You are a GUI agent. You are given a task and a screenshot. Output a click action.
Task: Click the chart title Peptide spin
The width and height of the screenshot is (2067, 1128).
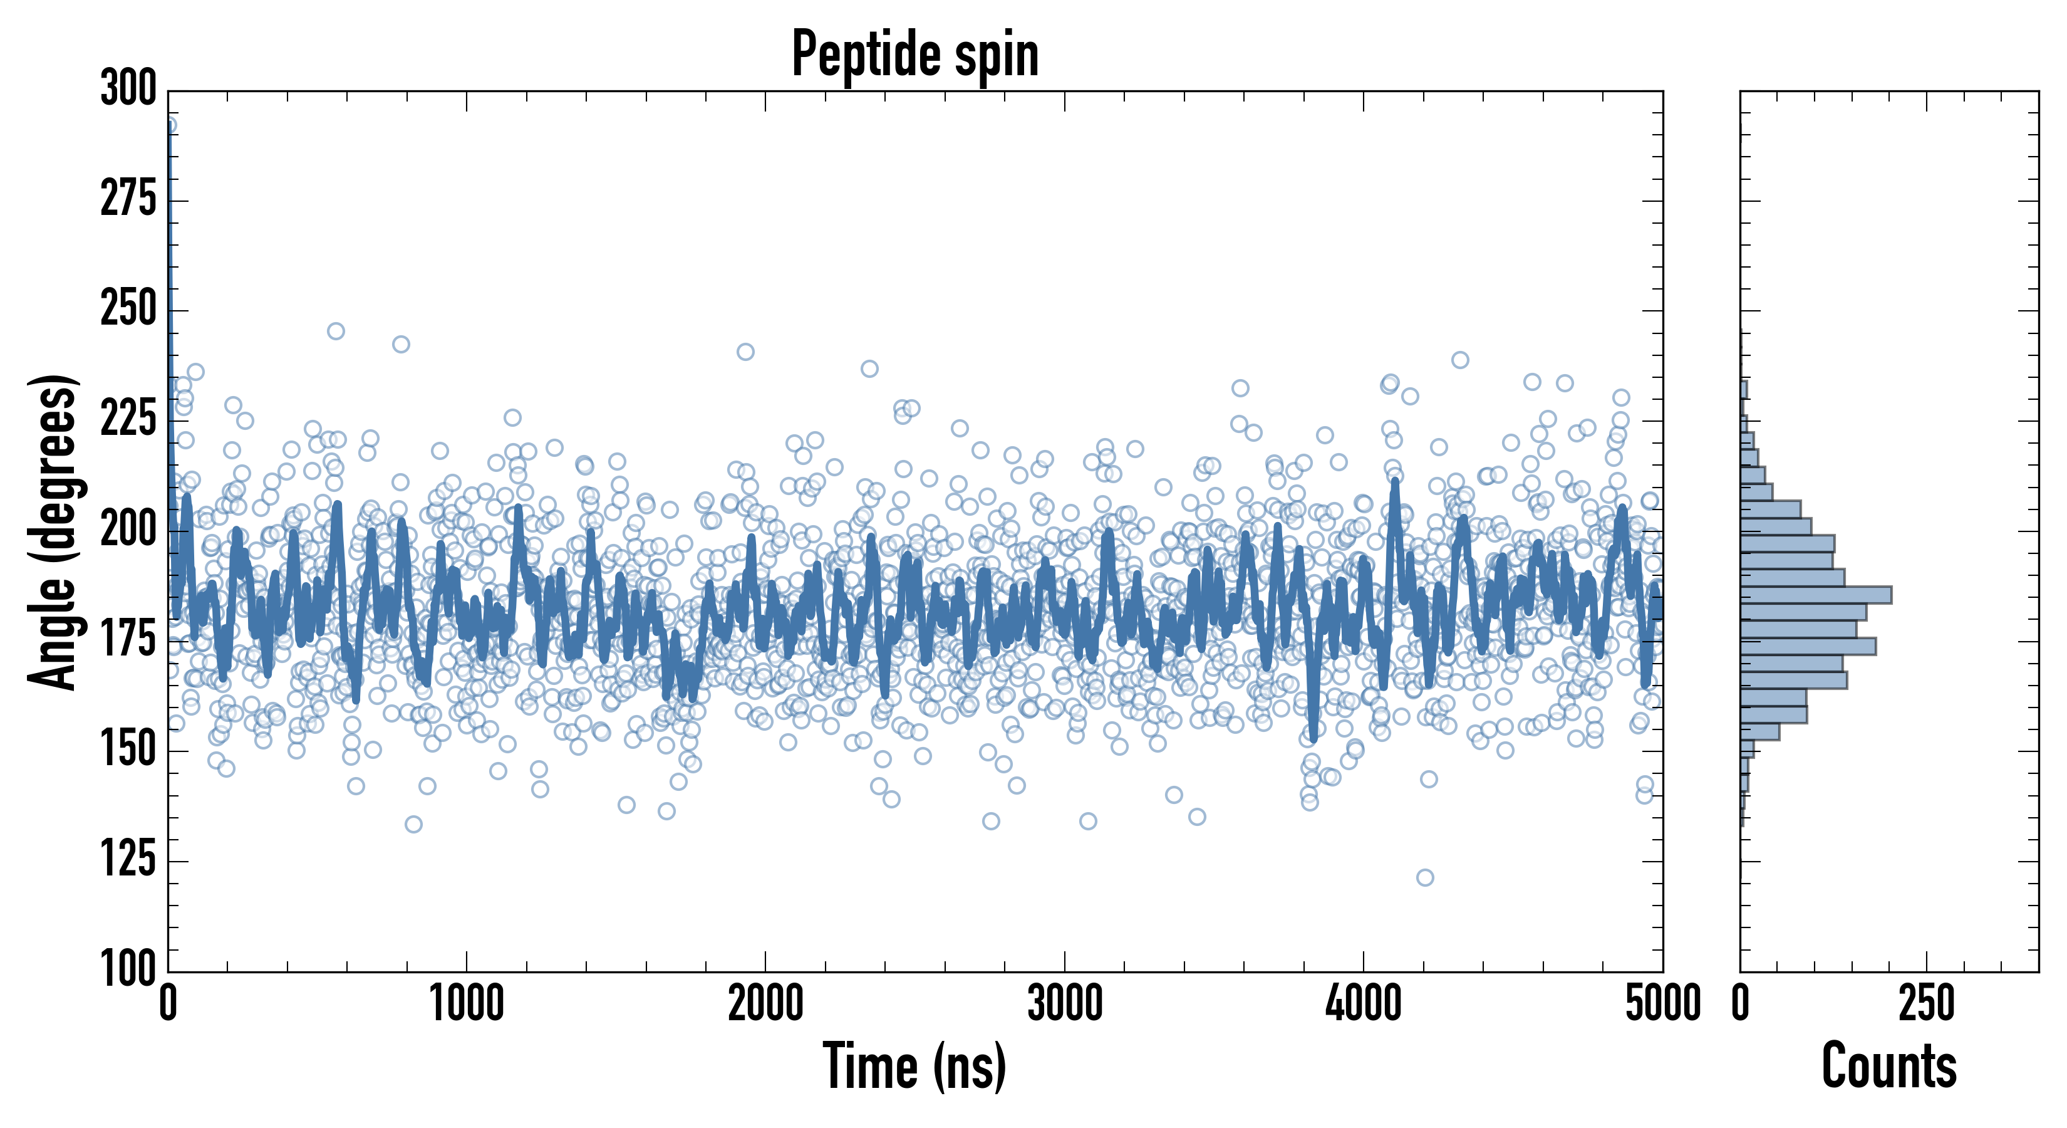[x=914, y=55]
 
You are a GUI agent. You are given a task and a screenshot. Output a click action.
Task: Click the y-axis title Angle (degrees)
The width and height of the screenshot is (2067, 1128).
[x=53, y=531]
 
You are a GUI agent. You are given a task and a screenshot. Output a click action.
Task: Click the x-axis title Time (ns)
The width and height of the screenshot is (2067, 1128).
[x=914, y=1066]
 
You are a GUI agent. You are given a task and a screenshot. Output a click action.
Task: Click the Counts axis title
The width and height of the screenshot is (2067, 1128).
[x=1889, y=1066]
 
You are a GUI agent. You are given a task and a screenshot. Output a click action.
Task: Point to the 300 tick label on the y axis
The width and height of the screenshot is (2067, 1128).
[x=128, y=89]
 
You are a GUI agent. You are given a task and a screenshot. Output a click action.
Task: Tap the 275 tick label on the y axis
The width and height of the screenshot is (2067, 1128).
[x=128, y=200]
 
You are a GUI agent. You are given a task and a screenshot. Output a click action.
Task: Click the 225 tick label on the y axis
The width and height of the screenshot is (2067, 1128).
[x=128, y=420]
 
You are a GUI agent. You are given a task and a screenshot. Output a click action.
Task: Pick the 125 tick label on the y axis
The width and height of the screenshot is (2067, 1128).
[x=128, y=860]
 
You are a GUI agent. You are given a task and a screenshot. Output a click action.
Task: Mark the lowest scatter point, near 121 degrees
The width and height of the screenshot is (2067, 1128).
[x=1425, y=877]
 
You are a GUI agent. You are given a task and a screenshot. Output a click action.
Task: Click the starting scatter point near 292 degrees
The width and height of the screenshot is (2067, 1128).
[x=169, y=125]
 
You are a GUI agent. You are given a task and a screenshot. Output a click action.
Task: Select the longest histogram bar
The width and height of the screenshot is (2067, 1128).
[x=1815, y=595]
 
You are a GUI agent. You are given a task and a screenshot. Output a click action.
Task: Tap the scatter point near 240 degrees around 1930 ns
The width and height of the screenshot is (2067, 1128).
[x=745, y=352]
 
